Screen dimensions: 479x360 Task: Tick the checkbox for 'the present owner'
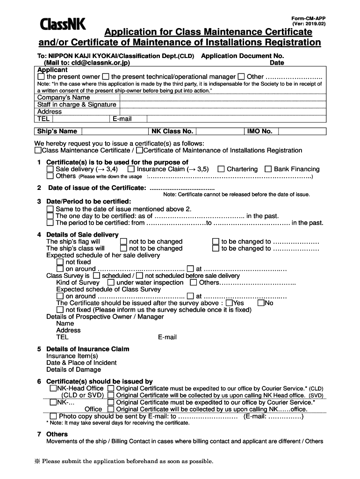click(41, 76)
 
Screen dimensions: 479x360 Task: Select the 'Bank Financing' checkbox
click(268, 169)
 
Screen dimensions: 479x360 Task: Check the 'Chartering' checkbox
click(221, 169)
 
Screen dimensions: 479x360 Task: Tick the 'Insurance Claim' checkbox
click(131, 169)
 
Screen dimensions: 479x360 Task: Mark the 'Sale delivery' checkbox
click(50, 169)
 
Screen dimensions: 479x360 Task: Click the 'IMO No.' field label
click(259, 131)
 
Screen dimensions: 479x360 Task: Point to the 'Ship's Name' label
click(57, 131)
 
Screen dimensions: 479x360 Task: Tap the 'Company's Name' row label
click(64, 98)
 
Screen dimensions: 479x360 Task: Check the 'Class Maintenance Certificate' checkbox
click(38, 150)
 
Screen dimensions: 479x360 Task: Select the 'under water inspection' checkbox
click(111, 283)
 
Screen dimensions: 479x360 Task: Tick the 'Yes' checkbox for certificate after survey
click(229, 303)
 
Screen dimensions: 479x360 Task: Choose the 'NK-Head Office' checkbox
click(53, 388)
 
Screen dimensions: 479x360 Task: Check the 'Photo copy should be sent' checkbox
click(53, 416)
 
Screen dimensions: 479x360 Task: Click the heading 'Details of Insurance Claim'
click(87, 349)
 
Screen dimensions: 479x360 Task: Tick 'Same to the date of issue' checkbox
click(50, 209)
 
